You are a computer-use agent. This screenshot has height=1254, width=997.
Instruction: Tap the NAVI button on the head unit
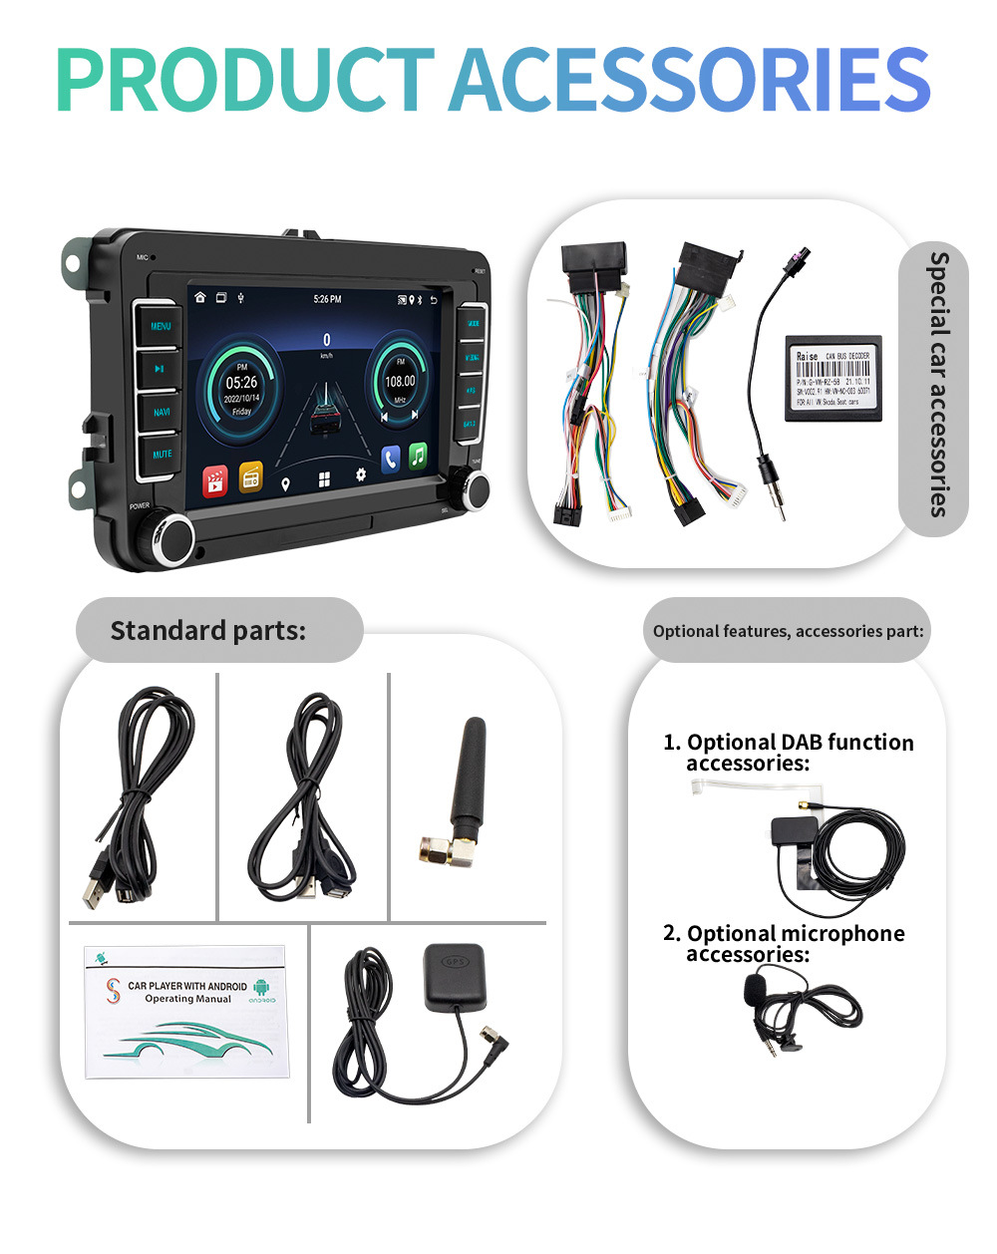click(161, 412)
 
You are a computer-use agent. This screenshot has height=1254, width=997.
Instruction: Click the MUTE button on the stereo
click(162, 455)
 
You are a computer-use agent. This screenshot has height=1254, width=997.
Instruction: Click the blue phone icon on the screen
click(390, 459)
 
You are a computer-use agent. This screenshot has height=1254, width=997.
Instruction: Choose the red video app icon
click(215, 480)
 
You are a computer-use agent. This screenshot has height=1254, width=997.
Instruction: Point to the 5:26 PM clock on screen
click(327, 299)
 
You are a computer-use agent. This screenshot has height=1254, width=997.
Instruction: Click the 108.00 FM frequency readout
click(400, 382)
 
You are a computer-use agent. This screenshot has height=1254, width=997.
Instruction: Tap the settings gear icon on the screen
click(360, 475)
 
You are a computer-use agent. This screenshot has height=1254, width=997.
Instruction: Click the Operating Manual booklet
click(185, 1011)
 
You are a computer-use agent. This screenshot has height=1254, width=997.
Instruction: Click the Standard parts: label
click(208, 630)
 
